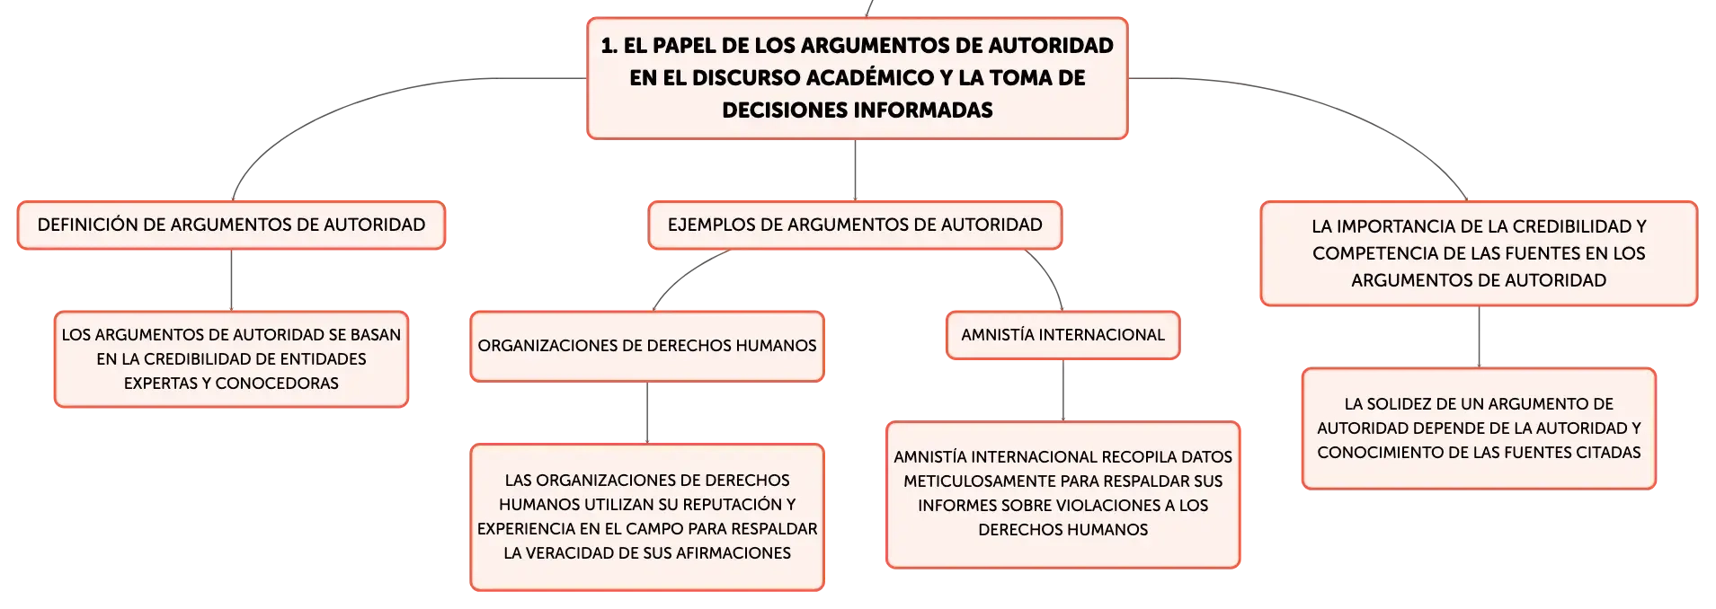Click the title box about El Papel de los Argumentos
point(857,78)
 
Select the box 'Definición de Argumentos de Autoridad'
point(231,225)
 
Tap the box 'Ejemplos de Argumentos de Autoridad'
point(855,225)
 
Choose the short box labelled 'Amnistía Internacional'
point(1062,335)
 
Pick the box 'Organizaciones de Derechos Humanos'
point(647,346)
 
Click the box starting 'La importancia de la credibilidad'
point(1479,253)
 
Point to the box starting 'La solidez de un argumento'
point(1479,428)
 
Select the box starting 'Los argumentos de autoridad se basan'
point(231,359)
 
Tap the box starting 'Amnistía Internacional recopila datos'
point(1062,494)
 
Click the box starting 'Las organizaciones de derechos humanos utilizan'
point(647,516)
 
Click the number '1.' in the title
point(609,46)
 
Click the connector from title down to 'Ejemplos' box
point(855,170)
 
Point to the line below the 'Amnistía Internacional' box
point(1063,390)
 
